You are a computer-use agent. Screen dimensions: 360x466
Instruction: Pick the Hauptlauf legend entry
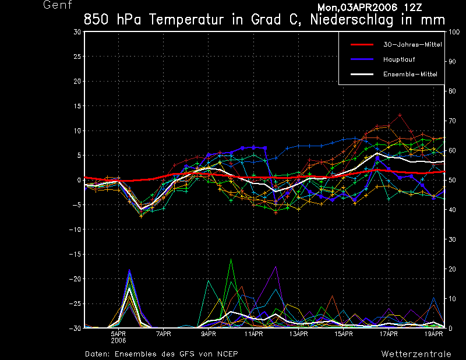point(399,59)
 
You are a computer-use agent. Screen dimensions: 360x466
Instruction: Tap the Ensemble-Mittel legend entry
point(409,74)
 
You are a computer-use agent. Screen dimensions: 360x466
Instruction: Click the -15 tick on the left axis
point(75,254)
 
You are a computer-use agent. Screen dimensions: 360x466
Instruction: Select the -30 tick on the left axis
point(75,329)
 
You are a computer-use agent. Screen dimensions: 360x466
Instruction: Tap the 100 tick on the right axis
point(453,32)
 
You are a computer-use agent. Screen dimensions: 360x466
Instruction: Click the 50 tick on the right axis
point(451,180)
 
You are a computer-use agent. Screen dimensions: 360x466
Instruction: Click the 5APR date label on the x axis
point(119,334)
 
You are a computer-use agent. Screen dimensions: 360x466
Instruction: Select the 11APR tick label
point(253,334)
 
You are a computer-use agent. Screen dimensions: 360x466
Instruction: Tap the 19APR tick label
point(433,334)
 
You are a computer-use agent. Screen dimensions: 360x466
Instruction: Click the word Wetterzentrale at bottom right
point(416,354)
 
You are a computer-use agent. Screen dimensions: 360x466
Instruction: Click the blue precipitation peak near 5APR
point(129,270)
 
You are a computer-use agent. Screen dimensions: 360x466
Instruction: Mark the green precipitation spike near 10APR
point(231,259)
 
